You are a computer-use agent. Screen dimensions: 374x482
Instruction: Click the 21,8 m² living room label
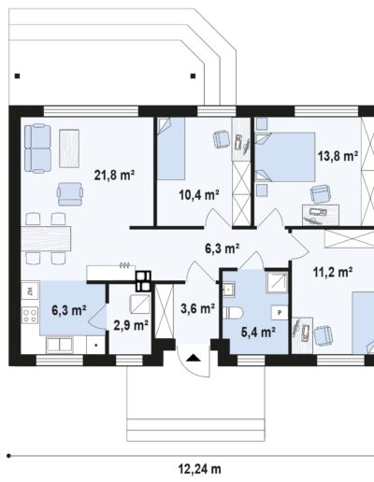click(114, 175)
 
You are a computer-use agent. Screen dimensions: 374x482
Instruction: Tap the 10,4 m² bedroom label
click(199, 195)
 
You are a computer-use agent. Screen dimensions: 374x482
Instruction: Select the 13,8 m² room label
click(338, 156)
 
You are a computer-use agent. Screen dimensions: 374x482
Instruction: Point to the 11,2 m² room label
click(333, 272)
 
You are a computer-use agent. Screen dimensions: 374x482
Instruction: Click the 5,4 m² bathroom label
click(258, 333)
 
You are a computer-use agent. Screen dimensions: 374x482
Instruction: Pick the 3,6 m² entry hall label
click(197, 308)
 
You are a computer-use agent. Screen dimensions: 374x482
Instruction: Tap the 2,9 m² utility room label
click(131, 325)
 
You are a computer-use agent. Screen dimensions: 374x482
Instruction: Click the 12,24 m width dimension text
click(200, 469)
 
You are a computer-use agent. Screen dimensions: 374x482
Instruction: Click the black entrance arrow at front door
click(194, 358)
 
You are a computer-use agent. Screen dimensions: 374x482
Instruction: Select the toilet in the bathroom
click(233, 313)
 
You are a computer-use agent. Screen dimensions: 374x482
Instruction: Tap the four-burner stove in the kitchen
click(30, 315)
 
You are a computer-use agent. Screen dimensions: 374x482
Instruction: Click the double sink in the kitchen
click(59, 345)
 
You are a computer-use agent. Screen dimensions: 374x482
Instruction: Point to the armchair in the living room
click(70, 194)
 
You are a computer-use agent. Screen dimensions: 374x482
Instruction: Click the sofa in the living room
click(37, 149)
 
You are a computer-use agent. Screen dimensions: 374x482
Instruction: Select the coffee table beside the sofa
click(69, 149)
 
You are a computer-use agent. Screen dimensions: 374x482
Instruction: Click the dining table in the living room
click(46, 238)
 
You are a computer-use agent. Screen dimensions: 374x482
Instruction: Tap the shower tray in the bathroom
click(277, 282)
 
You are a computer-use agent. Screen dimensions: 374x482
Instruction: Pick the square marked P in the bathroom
click(280, 312)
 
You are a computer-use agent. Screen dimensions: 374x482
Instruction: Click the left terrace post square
click(18, 76)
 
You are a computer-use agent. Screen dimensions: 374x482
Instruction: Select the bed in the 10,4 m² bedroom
click(171, 149)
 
